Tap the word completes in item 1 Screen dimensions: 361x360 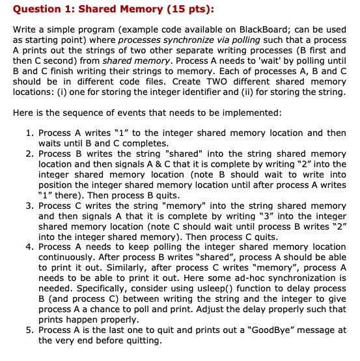pyautogui.click(x=141, y=143)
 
